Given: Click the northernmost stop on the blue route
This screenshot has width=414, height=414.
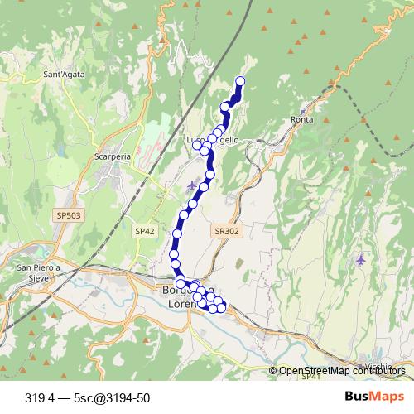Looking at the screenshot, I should pos(241,80).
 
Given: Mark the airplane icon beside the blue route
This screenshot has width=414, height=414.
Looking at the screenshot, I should pos(193,184).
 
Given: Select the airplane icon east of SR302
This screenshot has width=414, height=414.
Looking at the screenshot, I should pos(360,260).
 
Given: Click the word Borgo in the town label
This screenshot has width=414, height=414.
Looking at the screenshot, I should pos(176,291).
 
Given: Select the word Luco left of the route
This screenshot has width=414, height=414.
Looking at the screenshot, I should pos(196,141).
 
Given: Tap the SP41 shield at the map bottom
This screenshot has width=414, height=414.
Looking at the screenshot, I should pos(311,378).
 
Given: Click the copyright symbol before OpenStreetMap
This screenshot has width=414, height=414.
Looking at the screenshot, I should pos(272,371).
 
